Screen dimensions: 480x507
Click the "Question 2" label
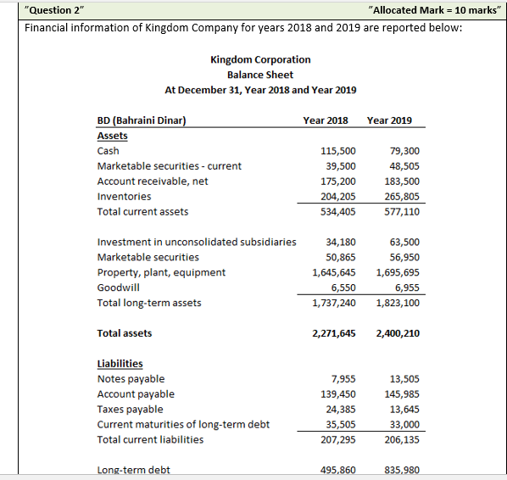[54, 9]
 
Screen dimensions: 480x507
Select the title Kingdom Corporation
[260, 59]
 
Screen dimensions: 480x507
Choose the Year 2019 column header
[389, 120]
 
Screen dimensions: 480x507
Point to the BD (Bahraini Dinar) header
[142, 120]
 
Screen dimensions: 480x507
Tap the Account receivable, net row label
[153, 181]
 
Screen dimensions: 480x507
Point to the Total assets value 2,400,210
[398, 333]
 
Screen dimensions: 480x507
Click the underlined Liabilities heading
[120, 364]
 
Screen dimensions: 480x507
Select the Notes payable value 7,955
[343, 379]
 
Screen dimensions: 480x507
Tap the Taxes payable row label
[132, 410]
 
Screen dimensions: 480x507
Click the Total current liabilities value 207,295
[338, 440]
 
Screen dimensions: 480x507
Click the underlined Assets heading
[113, 136]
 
